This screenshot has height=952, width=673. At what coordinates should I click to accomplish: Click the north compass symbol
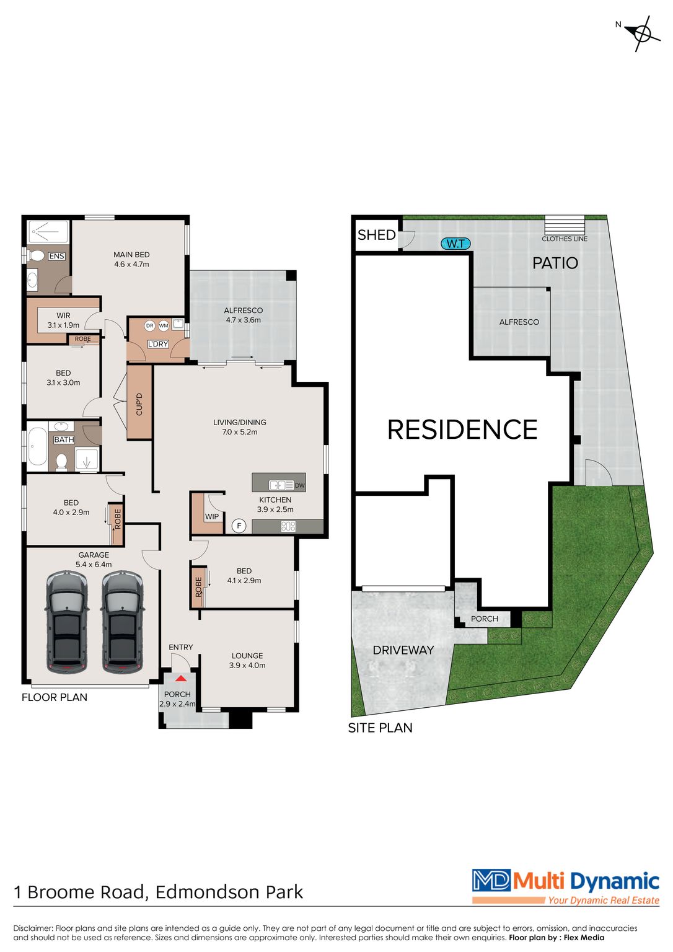(643, 33)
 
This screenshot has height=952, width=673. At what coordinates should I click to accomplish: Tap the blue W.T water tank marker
(455, 244)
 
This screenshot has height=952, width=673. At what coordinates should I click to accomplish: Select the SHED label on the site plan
(376, 235)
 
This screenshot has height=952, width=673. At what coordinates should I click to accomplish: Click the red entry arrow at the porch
(180, 679)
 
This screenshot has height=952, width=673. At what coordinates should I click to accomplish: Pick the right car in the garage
(122, 622)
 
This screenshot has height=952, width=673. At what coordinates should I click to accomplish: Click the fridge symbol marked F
(239, 526)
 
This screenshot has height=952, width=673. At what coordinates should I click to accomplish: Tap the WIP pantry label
(212, 516)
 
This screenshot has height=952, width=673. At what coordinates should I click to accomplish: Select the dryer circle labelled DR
(149, 325)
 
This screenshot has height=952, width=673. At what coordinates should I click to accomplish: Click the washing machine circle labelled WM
(164, 325)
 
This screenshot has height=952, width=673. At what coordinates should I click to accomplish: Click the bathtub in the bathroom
(38, 445)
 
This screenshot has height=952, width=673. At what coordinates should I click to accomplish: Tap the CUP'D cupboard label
(139, 403)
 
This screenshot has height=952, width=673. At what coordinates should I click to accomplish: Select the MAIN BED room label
(131, 255)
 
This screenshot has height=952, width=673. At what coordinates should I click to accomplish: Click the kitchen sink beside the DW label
(281, 485)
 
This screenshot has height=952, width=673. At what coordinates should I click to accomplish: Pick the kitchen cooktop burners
(288, 526)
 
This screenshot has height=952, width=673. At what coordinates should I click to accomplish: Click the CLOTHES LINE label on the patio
(565, 239)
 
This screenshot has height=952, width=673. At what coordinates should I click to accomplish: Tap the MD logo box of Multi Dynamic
(491, 880)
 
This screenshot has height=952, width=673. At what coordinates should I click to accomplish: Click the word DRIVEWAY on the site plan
(403, 650)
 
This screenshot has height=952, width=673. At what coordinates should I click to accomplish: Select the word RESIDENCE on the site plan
(462, 430)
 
